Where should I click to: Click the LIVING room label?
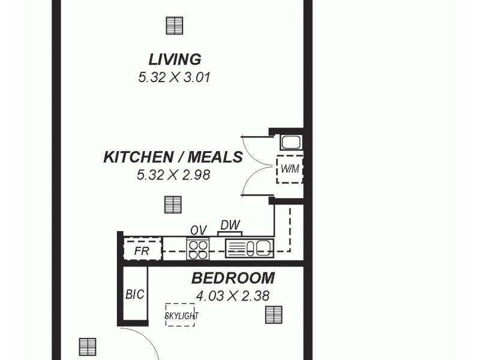pyautogui.click(x=175, y=59)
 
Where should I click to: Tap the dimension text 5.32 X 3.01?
pyautogui.click(x=174, y=77)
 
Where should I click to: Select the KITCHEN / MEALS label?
pyautogui.click(x=173, y=157)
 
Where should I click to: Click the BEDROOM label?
pyautogui.click(x=233, y=278)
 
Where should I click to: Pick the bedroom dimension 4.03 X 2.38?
pyautogui.click(x=232, y=296)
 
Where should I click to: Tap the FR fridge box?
pyautogui.click(x=142, y=250)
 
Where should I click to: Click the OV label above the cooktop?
pyautogui.click(x=198, y=230)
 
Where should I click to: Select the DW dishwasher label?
pyautogui.click(x=230, y=225)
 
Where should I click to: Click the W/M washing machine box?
pyautogui.click(x=289, y=169)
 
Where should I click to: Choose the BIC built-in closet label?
pyautogui.click(x=134, y=295)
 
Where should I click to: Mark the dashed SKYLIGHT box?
pyautogui.click(x=181, y=315)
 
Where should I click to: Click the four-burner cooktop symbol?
pyautogui.click(x=198, y=248)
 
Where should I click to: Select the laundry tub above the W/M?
pyautogui.click(x=290, y=143)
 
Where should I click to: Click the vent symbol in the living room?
pyautogui.click(x=174, y=26)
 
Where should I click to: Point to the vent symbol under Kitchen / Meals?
pyautogui.click(x=173, y=205)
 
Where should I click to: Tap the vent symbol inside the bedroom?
pyautogui.click(x=274, y=314)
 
